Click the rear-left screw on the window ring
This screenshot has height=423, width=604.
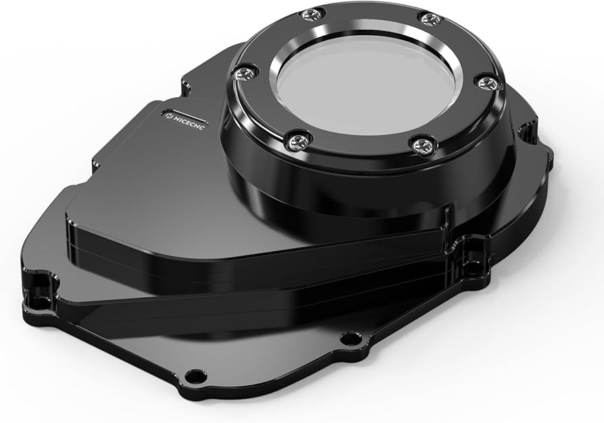pos(311,14)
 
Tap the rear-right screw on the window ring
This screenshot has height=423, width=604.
pos(430,18)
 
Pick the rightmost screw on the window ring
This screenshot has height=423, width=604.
pos(488,83)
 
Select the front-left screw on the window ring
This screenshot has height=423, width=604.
pos(297,141)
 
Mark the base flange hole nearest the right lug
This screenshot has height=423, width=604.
pos(349,338)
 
